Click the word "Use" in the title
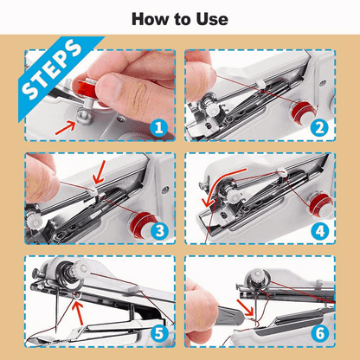pyautogui.click(x=210, y=18)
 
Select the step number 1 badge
pyautogui.click(x=157, y=128)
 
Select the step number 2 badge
pyautogui.click(x=319, y=128)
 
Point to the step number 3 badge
pyautogui.click(x=157, y=231)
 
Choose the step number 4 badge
pyautogui.click(x=319, y=231)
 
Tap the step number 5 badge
pyautogui.click(x=157, y=333)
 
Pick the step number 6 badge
pyautogui.click(x=319, y=333)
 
